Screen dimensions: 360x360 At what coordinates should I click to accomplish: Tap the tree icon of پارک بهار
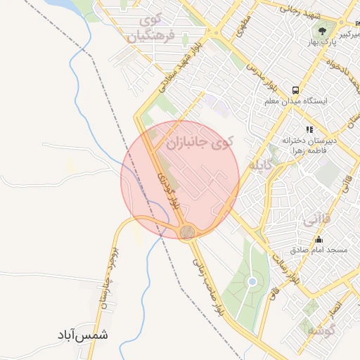click(x=323, y=31)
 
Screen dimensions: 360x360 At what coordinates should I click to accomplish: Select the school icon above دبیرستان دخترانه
click(x=308, y=129)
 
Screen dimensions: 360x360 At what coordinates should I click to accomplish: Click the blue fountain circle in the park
click(x=252, y=283)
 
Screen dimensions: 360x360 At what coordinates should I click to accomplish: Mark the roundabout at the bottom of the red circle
click(x=187, y=232)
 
